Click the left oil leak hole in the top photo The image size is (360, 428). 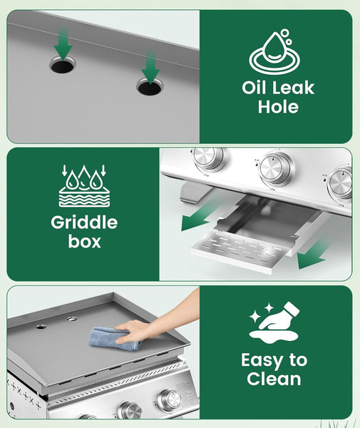[63, 66]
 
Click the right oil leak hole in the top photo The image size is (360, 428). [150, 88]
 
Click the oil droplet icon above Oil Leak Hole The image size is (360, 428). [274, 51]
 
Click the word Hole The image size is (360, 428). [278, 106]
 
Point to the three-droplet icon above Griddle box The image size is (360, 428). [84, 185]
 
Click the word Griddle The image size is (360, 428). [84, 223]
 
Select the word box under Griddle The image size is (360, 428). [85, 241]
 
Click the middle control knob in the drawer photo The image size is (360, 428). [277, 169]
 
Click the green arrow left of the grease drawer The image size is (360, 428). [200, 215]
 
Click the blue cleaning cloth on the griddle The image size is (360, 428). [115, 338]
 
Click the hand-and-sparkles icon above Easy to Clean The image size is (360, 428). [274, 322]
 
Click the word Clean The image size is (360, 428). [274, 379]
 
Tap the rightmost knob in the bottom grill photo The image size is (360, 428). [170, 401]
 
